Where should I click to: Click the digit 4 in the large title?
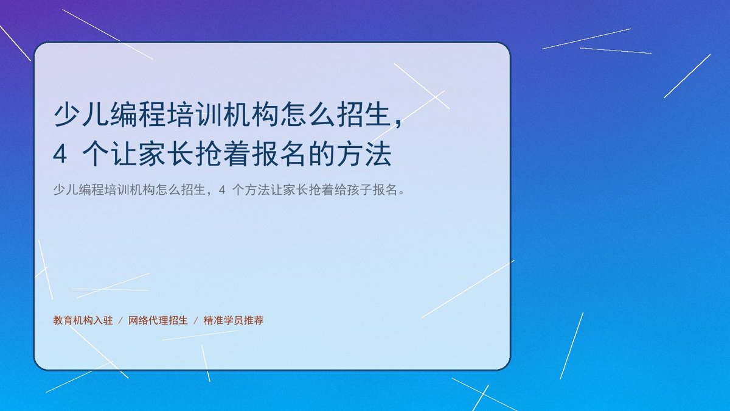60,154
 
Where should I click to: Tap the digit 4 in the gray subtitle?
222,190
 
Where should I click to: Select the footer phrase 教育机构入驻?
83,320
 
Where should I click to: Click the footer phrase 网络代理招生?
158,320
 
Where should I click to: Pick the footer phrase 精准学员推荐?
234,320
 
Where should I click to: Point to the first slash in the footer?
120,321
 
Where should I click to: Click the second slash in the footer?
196,321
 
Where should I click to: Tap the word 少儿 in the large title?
81,114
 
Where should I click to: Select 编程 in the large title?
138,114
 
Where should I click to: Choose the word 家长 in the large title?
166,154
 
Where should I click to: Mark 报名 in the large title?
280,154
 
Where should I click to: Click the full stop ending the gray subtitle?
401,193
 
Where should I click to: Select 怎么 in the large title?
308,114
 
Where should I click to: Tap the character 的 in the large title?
322,154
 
